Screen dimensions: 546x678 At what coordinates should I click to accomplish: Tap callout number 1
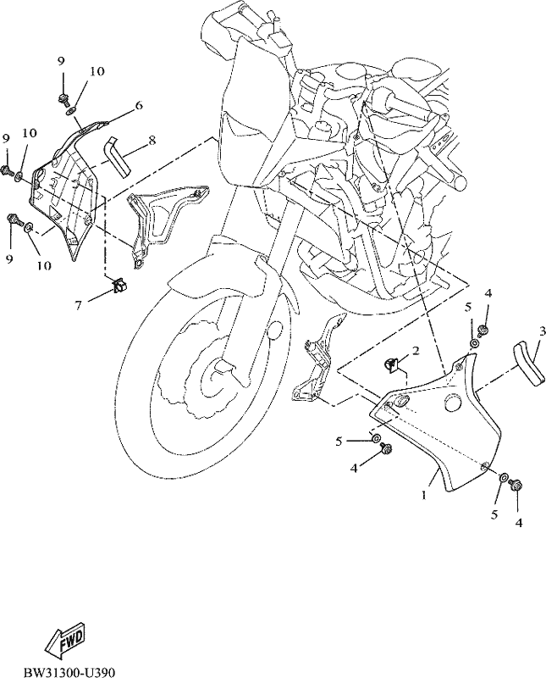click(x=425, y=494)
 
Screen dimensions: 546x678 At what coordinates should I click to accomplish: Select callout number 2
click(x=415, y=350)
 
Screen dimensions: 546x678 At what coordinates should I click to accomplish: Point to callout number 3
click(x=542, y=331)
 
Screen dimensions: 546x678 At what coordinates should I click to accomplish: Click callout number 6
click(x=139, y=104)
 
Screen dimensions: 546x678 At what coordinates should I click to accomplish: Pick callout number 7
click(x=78, y=305)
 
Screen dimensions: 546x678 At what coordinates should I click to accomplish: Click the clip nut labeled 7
click(x=118, y=285)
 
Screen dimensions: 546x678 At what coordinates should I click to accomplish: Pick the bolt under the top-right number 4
click(x=482, y=330)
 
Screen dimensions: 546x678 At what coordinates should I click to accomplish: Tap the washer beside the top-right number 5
click(x=474, y=344)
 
